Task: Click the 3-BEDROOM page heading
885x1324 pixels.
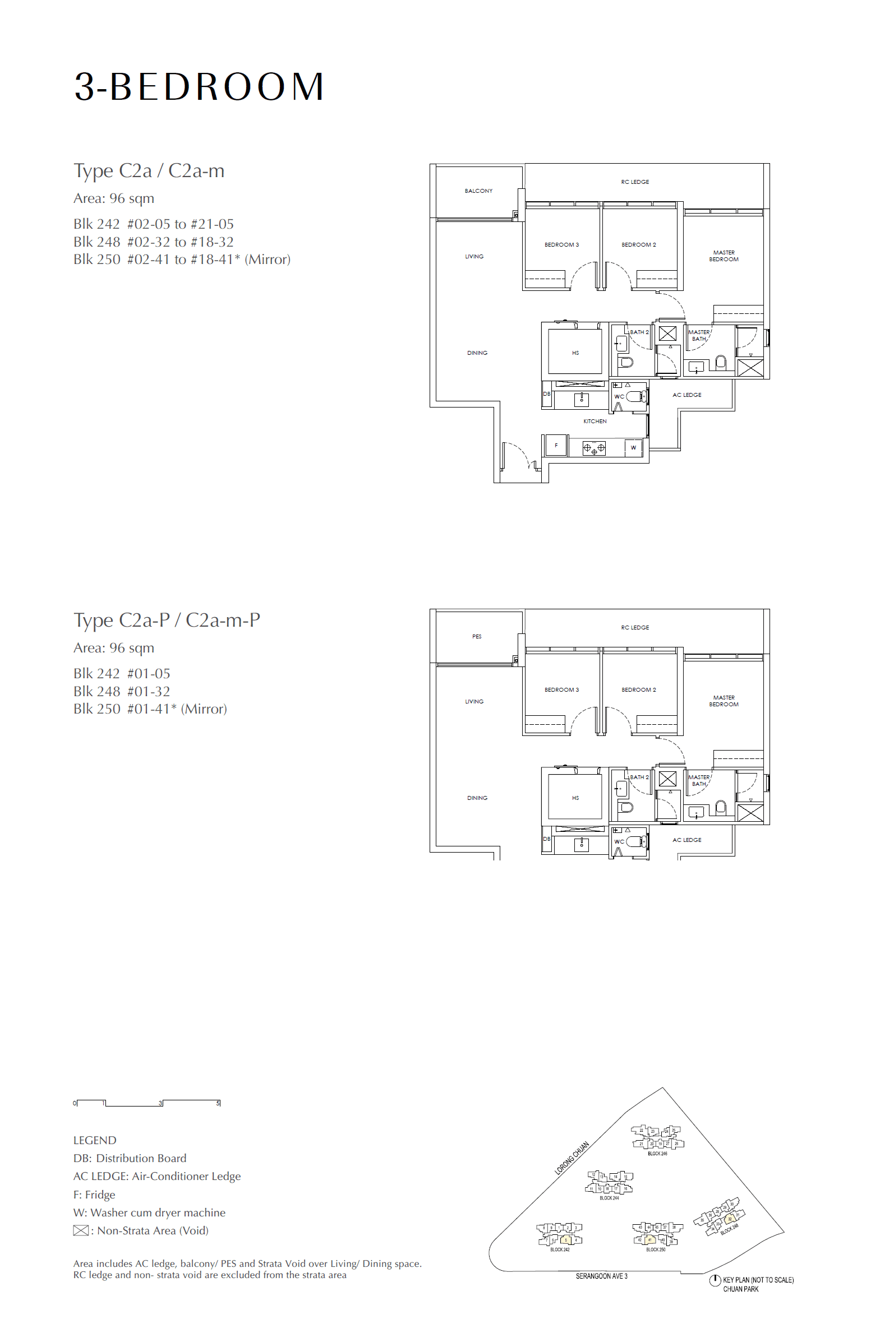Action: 199,87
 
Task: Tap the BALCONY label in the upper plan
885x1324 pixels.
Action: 478,191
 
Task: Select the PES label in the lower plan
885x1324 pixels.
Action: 477,636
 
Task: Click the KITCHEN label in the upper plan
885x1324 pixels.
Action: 595,422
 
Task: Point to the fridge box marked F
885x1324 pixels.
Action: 556,446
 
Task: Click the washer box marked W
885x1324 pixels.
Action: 633,447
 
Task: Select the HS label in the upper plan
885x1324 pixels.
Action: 575,353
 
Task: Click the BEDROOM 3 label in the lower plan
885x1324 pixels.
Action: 561,690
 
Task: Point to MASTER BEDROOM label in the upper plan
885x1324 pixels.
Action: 723,256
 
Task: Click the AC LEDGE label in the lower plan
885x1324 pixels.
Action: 687,840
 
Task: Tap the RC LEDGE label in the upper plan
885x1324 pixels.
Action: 635,182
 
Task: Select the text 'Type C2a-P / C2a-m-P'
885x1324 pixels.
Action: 167,620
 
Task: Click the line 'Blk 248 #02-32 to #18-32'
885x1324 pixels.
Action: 154,242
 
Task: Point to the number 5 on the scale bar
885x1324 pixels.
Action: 218,1103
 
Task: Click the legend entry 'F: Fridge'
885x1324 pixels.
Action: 94,1195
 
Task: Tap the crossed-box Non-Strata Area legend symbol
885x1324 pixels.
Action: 81,1230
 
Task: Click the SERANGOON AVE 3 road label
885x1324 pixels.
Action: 601,1276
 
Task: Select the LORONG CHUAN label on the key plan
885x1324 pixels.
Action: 571,1158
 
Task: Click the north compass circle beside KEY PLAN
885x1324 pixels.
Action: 715,1280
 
